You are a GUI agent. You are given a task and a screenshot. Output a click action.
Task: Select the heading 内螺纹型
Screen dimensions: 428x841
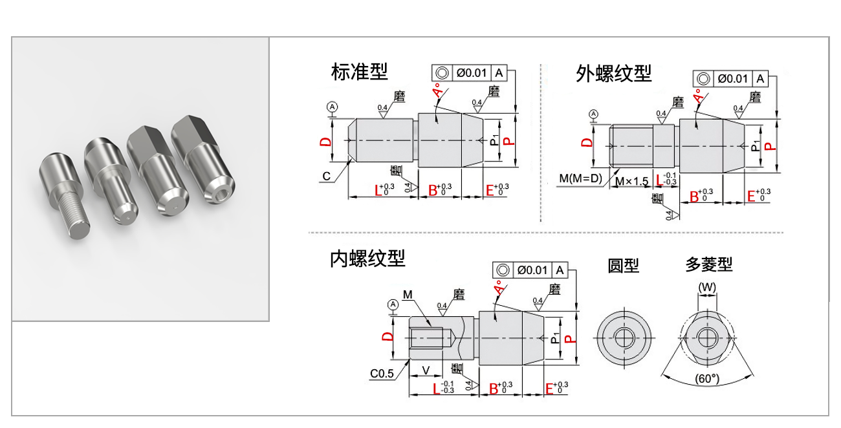tap(367, 259)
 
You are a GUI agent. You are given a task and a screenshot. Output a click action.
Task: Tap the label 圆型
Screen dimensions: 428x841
tap(623, 265)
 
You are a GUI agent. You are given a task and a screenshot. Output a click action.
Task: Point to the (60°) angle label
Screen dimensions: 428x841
tap(707, 379)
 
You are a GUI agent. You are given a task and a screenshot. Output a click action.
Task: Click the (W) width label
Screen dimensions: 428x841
tap(707, 286)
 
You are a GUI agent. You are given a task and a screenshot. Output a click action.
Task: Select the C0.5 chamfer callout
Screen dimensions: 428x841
tap(382, 374)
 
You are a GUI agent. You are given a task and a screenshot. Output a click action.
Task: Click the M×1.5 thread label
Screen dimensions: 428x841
tap(631, 182)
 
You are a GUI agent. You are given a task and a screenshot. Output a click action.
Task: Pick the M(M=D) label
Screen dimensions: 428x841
tap(580, 178)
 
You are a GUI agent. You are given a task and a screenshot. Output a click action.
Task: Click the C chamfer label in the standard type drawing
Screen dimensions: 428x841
tap(327, 176)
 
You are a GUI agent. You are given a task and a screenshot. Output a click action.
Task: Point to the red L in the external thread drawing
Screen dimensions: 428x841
tap(659, 180)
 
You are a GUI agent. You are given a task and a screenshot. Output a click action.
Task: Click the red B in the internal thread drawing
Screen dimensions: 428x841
tap(494, 389)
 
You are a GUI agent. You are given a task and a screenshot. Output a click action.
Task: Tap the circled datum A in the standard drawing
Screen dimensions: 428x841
tap(332, 106)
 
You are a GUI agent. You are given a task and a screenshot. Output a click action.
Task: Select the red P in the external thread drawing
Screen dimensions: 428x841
tap(769, 146)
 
